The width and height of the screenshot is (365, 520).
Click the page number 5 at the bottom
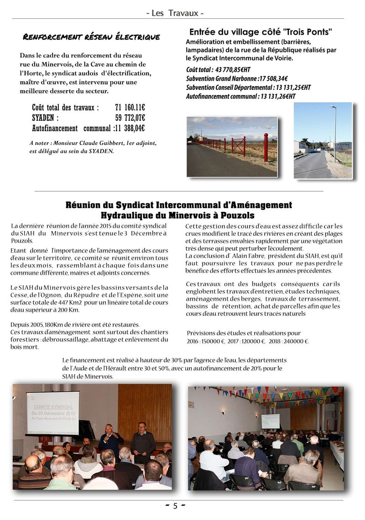(175, 506)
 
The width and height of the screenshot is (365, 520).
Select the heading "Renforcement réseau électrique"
(91, 37)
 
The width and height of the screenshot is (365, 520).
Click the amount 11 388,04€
(130, 128)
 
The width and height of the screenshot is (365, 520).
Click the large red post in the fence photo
(266, 147)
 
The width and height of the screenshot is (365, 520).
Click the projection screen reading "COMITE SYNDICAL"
(52, 412)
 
